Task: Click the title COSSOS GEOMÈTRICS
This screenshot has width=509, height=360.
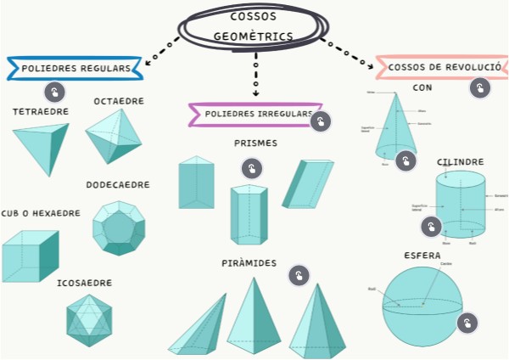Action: (254, 26)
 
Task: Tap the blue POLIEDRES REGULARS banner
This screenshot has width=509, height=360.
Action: (75, 68)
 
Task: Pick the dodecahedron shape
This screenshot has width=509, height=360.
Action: (118, 228)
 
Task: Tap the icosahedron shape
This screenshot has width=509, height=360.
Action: (89, 320)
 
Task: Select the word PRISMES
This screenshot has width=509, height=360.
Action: (255, 143)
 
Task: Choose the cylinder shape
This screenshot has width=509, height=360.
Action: (460, 205)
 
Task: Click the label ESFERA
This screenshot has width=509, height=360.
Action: (422, 255)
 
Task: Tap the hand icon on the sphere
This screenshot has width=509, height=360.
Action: (467, 323)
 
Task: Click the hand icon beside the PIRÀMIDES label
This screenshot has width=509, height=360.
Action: (298, 275)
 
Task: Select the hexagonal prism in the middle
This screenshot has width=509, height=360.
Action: (249, 214)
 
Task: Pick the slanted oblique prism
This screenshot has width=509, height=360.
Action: (308, 183)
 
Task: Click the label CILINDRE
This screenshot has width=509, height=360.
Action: (461, 161)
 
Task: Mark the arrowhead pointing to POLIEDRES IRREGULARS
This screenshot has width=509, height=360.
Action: (255, 93)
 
